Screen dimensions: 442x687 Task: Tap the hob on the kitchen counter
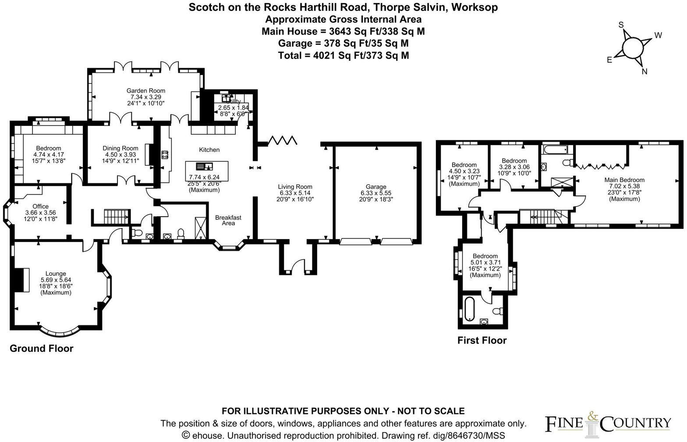pyautogui.click(x=165, y=155)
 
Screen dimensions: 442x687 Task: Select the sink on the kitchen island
pyautogui.click(x=204, y=166)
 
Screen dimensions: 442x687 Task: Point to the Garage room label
pyautogui.click(x=376, y=186)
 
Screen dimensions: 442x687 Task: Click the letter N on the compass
pyautogui.click(x=644, y=72)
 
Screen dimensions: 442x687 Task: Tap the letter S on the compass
pyautogui.click(x=620, y=25)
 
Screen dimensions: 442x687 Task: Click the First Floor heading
pyautogui.click(x=482, y=340)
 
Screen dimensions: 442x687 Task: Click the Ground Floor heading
pyautogui.click(x=41, y=349)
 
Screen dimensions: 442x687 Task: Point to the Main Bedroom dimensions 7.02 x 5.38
pyautogui.click(x=624, y=186)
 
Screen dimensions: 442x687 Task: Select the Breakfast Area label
pyautogui.click(x=228, y=220)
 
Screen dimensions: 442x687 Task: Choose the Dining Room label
pyautogui.click(x=120, y=148)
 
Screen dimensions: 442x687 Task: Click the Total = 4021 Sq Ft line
pyautogui.click(x=343, y=55)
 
